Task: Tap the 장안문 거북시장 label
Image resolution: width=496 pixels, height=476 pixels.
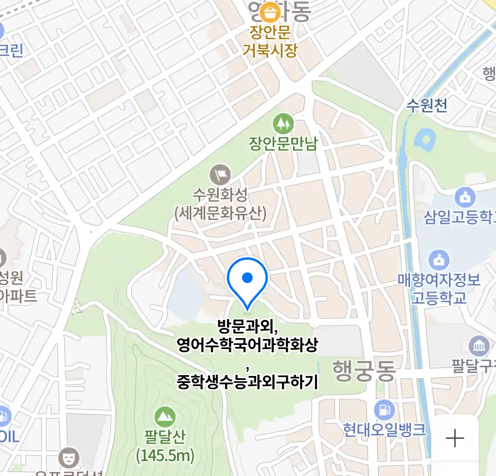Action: point(270,41)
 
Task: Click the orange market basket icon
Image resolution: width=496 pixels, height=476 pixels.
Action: point(269,12)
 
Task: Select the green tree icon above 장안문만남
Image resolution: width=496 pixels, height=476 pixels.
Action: point(283,124)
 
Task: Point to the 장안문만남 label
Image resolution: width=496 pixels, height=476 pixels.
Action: point(283,144)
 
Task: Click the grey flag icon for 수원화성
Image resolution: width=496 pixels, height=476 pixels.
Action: point(220,175)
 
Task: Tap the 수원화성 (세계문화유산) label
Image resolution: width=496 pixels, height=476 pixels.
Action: point(220,204)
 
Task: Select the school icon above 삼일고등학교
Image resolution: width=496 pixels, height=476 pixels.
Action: point(465,198)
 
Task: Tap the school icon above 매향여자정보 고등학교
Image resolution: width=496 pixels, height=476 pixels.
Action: point(439,260)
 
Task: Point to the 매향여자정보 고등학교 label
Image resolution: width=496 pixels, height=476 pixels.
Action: point(439,289)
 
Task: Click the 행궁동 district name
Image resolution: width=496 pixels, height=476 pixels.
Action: point(364,370)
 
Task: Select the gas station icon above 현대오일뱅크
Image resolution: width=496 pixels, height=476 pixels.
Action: point(384,410)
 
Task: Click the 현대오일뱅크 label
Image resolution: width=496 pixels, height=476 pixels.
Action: point(384,430)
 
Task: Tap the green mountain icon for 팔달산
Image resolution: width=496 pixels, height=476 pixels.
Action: point(165,416)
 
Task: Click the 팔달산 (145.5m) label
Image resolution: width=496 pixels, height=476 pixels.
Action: point(165,446)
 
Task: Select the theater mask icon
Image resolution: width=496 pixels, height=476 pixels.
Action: point(69,458)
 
